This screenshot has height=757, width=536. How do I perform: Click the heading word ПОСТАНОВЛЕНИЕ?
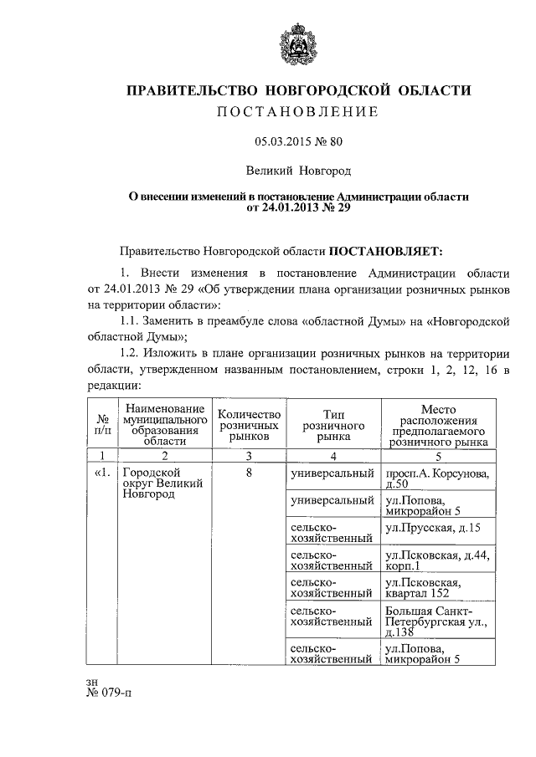click(x=298, y=111)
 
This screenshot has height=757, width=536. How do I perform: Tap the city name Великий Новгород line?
click(x=298, y=171)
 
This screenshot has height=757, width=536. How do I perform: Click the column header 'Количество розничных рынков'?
click(x=247, y=425)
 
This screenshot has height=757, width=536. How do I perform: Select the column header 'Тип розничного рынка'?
click(x=332, y=425)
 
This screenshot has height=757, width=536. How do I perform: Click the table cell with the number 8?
click(x=247, y=474)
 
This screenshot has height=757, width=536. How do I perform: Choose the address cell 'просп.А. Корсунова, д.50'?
click(x=437, y=479)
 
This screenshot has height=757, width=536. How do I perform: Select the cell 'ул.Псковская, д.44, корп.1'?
click(x=437, y=559)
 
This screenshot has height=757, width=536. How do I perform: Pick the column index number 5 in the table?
click(x=438, y=457)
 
